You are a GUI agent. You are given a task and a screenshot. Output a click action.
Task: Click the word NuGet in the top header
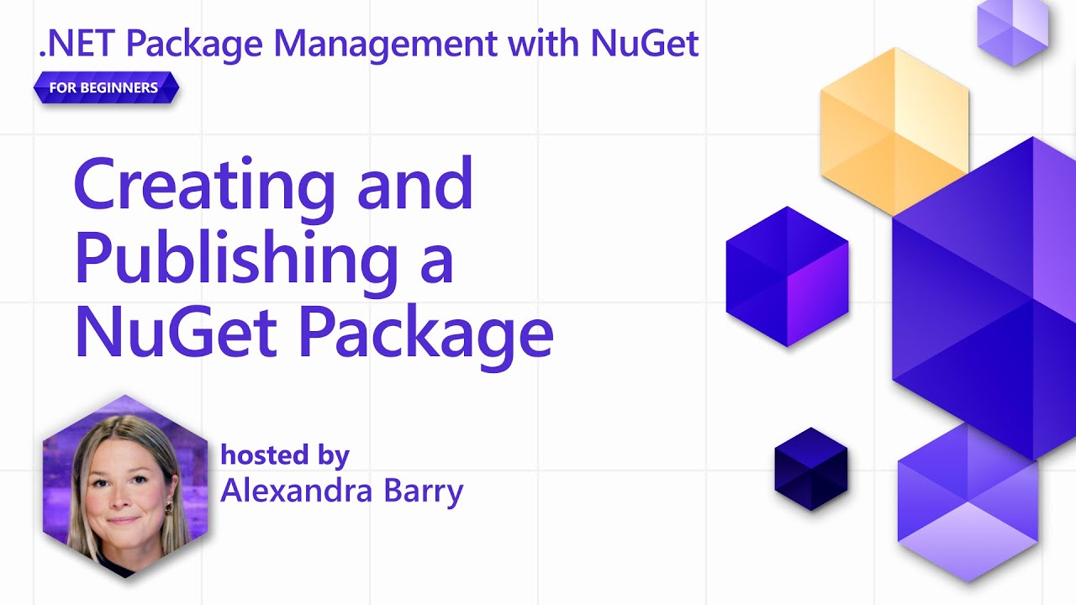(x=645, y=45)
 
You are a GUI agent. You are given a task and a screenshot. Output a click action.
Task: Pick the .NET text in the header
(x=70, y=45)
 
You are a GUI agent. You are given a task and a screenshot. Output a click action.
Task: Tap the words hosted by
(x=284, y=455)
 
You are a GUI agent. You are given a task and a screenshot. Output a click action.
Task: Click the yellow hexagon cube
(x=894, y=130)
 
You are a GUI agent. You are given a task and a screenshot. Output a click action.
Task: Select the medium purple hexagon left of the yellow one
(x=787, y=276)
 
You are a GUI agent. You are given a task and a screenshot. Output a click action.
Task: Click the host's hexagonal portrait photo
(x=124, y=486)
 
